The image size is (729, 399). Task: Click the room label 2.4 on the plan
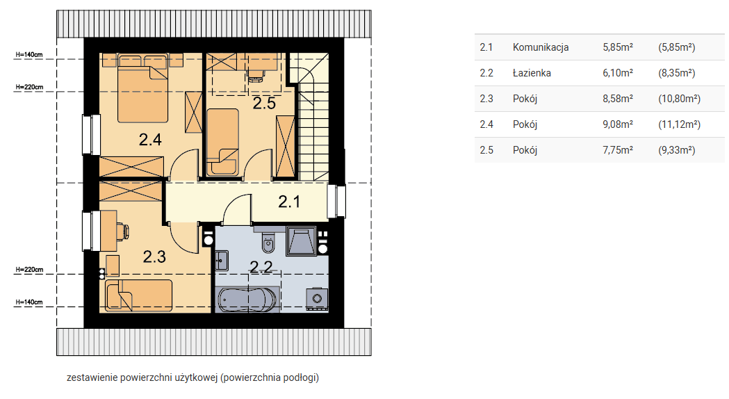tap(150, 140)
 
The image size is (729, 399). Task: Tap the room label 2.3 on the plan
tap(154, 256)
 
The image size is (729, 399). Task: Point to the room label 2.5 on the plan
tap(264, 104)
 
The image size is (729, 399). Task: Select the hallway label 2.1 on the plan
tap(289, 202)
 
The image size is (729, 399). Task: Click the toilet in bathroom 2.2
tap(268, 242)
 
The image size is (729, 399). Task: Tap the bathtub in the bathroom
tap(247, 300)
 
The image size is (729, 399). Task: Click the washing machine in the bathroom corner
tap(317, 299)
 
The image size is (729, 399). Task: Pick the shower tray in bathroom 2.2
tap(302, 241)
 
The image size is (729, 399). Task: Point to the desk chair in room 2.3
tap(124, 231)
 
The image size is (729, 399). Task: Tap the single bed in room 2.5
tap(222, 142)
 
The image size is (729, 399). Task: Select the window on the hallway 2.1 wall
tap(336, 202)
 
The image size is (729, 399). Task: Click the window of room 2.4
tap(92, 134)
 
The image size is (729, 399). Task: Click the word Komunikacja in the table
tap(541, 47)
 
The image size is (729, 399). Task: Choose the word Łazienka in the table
tap(532, 73)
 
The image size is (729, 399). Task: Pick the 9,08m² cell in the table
tap(618, 124)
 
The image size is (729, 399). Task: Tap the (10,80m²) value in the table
tap(679, 99)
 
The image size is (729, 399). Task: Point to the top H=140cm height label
tap(29, 55)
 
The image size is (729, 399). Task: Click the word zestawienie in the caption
tap(92, 377)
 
